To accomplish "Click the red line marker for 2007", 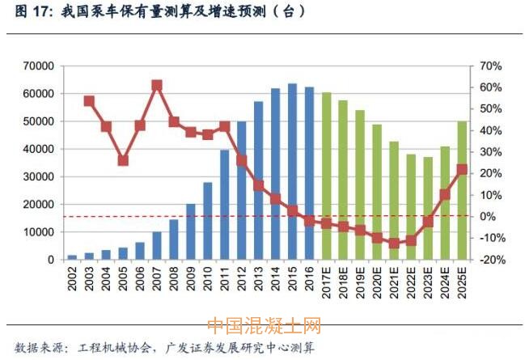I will click(157, 85).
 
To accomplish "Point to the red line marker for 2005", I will click(123, 160).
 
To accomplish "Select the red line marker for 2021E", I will click(394, 243).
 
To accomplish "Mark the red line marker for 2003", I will click(89, 101).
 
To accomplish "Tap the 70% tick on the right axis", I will click(490, 66).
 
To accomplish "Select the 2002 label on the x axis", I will click(73, 279).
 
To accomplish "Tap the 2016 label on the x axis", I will click(310, 279).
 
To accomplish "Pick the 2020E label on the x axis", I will click(378, 282).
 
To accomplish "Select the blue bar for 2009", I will click(191, 231).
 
